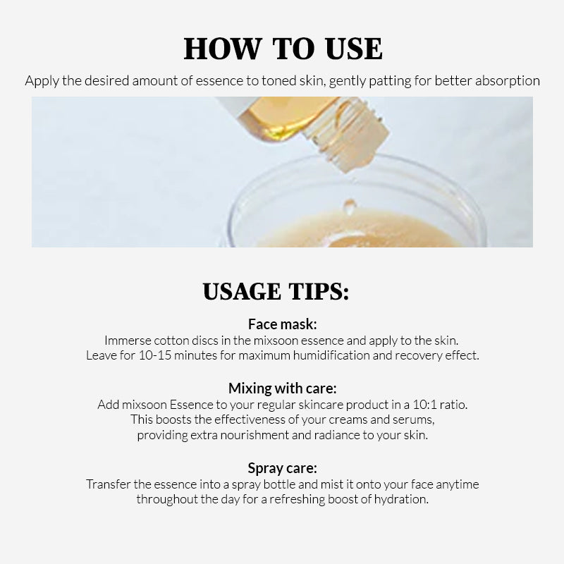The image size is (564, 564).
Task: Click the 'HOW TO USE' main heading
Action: coord(283,49)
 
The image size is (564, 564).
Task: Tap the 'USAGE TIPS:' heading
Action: coord(276,291)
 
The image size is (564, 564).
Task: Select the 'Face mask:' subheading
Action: coord(283,324)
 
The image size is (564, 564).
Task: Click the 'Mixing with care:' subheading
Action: coord(283,388)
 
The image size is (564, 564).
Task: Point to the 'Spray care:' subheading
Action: coord(283,468)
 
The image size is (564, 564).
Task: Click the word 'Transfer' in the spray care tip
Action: coord(109,484)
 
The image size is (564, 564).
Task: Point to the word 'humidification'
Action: coord(331,355)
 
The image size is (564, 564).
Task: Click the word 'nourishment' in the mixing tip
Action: coord(255,435)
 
